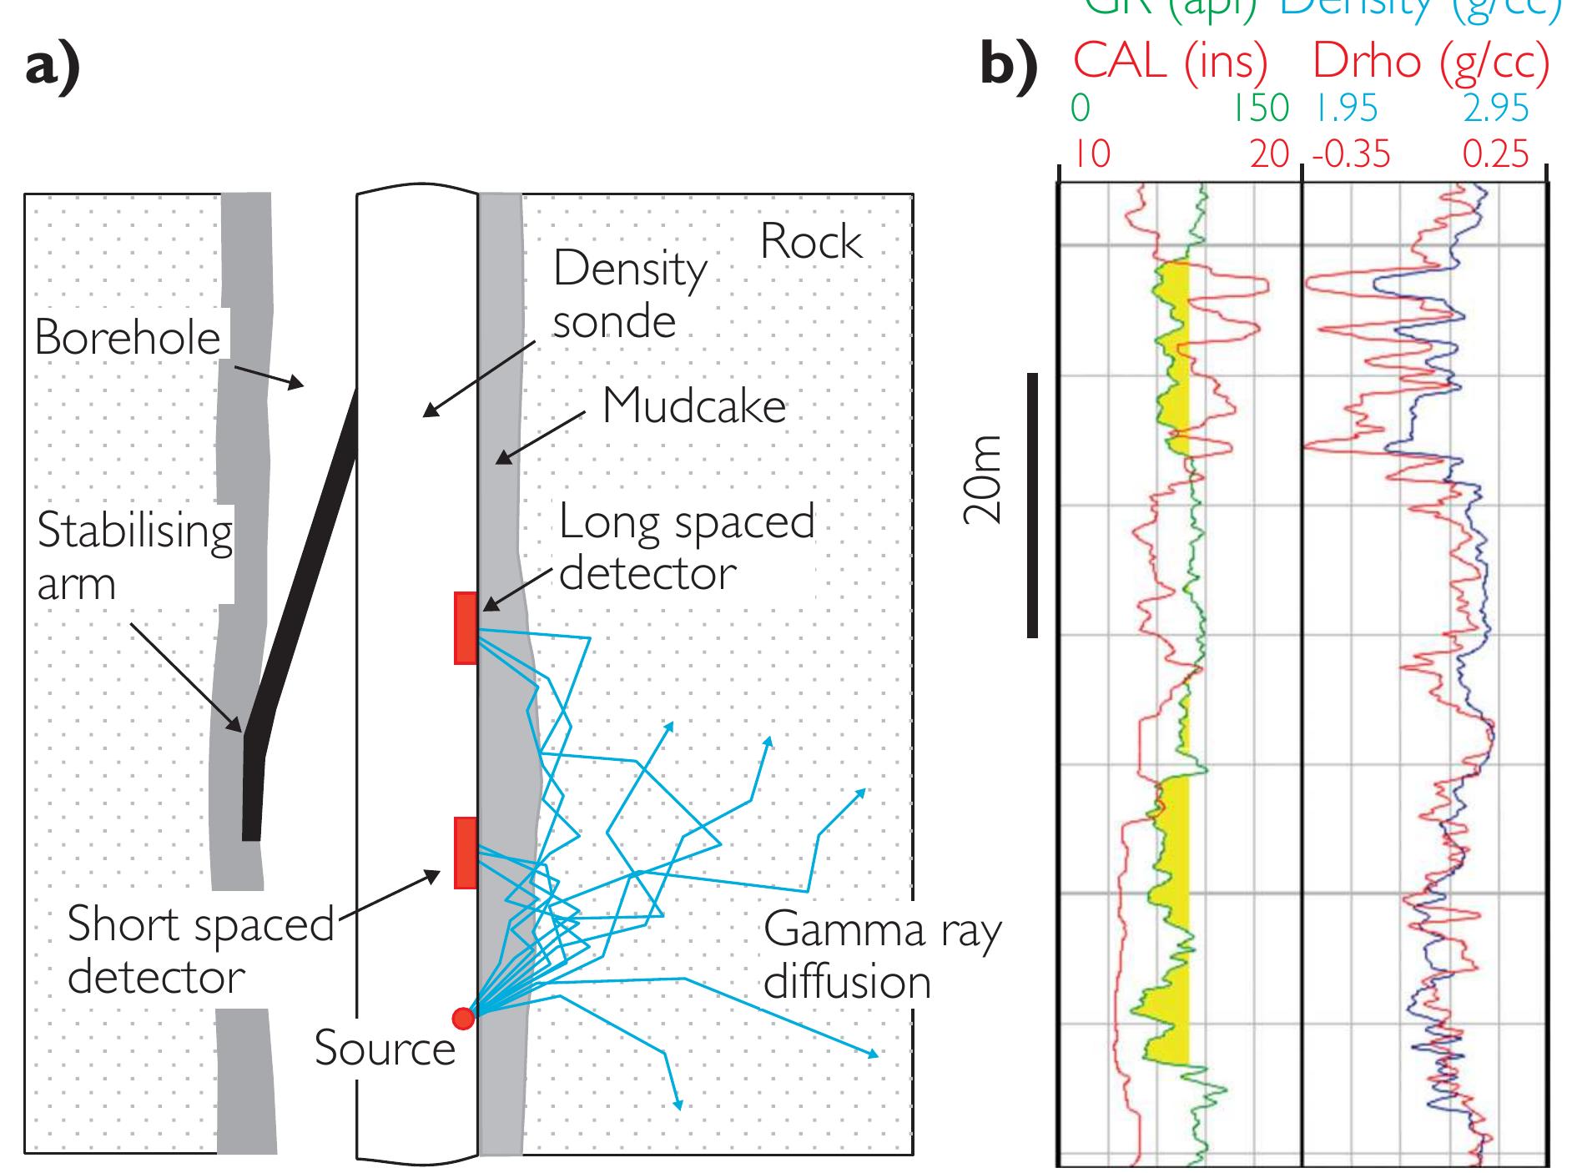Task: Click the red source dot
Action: (x=462, y=1019)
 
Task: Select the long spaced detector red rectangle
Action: (x=466, y=628)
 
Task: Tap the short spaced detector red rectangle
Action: (x=466, y=852)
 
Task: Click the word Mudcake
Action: (x=694, y=406)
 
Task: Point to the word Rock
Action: (x=810, y=243)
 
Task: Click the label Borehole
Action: (x=128, y=338)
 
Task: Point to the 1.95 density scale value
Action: (x=1347, y=109)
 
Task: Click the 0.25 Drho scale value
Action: (x=1495, y=155)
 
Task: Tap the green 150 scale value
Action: (x=1263, y=109)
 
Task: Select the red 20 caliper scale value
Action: (x=1270, y=155)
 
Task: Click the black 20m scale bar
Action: (x=1032, y=505)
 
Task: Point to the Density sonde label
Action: (x=629, y=295)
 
